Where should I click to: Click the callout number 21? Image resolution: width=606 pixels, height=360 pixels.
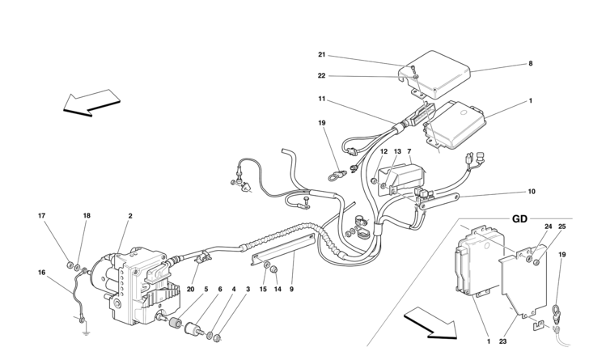pos(321,55)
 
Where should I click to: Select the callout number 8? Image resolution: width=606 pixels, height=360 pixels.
pos(531,63)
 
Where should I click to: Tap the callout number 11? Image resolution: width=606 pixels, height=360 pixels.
pos(321,99)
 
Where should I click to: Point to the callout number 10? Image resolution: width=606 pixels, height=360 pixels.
pos(532,192)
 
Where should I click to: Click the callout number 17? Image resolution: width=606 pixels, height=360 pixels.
pos(42,216)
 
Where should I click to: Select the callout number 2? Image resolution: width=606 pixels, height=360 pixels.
pos(130,216)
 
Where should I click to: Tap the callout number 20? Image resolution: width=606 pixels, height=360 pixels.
pos(192,289)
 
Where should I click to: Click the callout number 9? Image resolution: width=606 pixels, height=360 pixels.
pos(292,289)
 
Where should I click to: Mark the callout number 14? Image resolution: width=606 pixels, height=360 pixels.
pos(277,289)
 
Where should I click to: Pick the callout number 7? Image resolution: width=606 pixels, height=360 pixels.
pos(409,152)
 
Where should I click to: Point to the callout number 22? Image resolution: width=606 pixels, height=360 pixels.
pos(321,77)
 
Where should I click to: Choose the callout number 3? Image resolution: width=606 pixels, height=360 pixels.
pos(248,289)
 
